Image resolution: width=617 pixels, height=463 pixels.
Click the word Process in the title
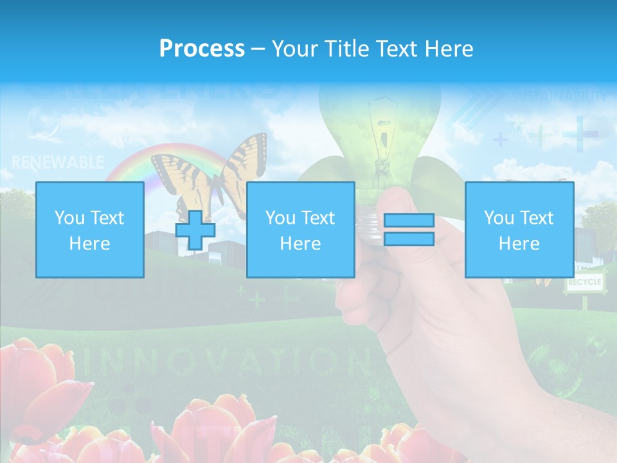[x=202, y=49]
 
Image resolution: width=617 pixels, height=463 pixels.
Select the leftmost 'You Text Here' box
[x=89, y=230]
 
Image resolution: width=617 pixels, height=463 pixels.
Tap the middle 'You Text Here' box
[x=300, y=230]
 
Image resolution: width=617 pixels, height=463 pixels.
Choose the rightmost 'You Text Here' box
[x=519, y=230]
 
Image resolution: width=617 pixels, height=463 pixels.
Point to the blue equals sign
[x=409, y=230]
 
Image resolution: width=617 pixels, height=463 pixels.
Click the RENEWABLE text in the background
[x=58, y=162]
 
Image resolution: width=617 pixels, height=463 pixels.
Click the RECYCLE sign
[x=584, y=282]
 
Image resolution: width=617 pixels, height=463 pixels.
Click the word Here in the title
[x=449, y=49]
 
